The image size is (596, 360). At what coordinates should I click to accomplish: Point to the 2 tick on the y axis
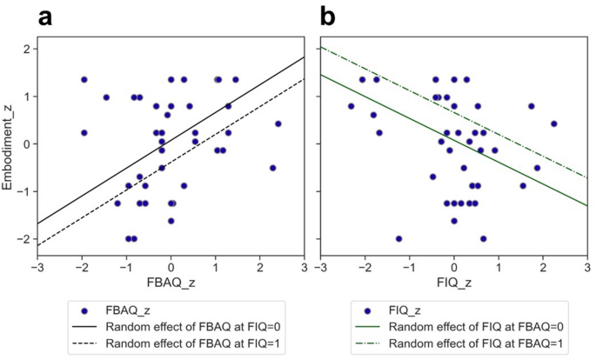point(27,49)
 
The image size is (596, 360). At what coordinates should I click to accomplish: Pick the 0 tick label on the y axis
point(27,143)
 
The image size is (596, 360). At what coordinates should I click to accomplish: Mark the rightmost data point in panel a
point(278,123)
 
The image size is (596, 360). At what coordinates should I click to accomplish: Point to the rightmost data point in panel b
point(553,123)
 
